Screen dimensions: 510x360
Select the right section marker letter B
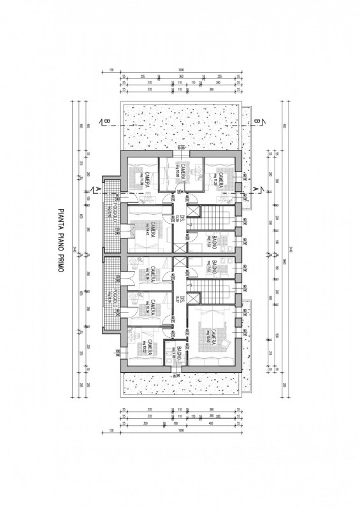[x=257, y=121]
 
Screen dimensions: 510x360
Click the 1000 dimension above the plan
[x=181, y=69]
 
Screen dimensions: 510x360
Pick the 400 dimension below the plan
[x=211, y=423]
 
